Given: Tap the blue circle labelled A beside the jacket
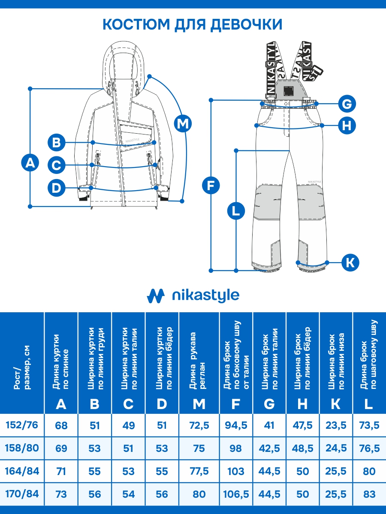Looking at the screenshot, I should (x=30, y=163).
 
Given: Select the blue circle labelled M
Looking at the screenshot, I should (x=183, y=123).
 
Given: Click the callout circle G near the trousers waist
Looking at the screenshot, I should (x=347, y=104).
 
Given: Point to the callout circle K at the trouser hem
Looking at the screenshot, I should (x=350, y=262).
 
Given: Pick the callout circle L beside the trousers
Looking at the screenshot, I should (x=236, y=211).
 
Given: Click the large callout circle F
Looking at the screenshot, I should (x=211, y=186).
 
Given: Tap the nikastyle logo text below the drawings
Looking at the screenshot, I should (x=205, y=296).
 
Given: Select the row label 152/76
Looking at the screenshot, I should (x=22, y=425).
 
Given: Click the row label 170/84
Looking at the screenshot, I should (x=22, y=494).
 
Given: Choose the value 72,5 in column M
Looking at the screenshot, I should (x=199, y=426).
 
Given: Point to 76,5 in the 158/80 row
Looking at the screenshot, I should (x=369, y=448).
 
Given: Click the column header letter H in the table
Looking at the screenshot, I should (x=302, y=404).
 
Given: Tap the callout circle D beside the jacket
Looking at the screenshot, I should (x=56, y=188).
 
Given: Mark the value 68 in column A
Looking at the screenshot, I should (x=61, y=426).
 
